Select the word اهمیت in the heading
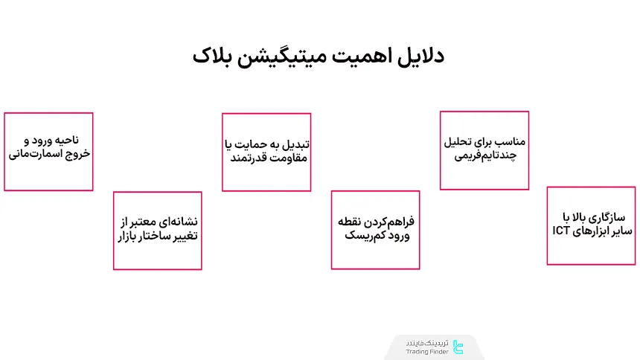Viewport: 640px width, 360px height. click(362, 57)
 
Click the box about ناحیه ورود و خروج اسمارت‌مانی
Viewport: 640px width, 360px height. click(48, 152)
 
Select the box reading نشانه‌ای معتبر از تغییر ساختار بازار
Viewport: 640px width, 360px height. click(158, 230)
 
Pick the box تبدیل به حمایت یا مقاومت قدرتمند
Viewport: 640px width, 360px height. click(266, 152)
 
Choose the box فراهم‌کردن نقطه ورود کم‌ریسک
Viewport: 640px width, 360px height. click(376, 230)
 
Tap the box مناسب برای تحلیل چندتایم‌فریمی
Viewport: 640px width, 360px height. click(484, 150)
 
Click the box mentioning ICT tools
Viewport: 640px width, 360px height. click(592, 225)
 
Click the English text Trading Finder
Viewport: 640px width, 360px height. click(427, 352)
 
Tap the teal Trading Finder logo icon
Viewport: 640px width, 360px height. click(458, 347)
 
